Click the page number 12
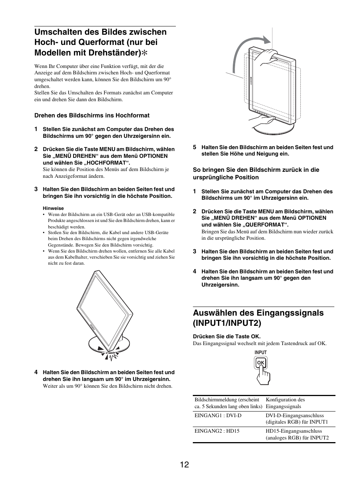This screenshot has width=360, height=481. (x=185, y=464)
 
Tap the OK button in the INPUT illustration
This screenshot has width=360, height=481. (x=261, y=363)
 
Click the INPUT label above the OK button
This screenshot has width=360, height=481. (x=260, y=353)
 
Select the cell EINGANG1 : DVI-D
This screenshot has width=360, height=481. (x=218, y=415)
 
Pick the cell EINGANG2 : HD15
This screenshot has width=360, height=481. (x=217, y=431)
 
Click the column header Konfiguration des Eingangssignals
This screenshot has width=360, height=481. (x=285, y=403)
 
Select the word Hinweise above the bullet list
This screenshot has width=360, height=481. (x=53, y=208)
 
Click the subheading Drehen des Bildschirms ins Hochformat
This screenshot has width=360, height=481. (x=92, y=116)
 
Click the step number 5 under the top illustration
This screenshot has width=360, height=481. (x=195, y=147)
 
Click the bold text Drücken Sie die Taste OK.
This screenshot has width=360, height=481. (x=227, y=336)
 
